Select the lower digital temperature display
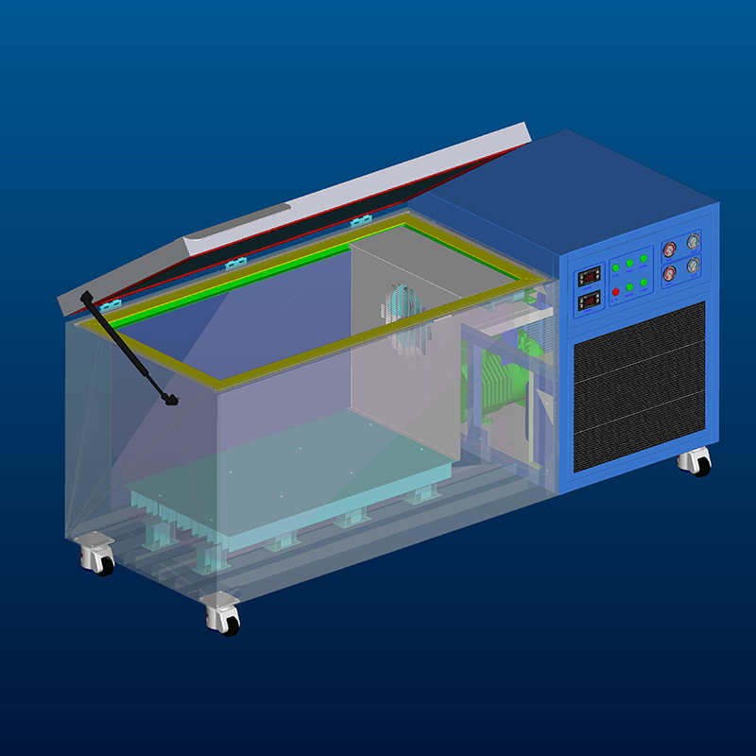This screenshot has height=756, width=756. coord(589,301)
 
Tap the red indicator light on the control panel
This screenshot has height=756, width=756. coord(615,292)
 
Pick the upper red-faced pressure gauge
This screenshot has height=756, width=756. coord(670,249)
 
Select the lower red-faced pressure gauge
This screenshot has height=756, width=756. coord(670,273)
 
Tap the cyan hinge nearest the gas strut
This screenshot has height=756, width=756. coord(110,306)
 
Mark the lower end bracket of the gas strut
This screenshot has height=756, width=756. coord(170,399)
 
